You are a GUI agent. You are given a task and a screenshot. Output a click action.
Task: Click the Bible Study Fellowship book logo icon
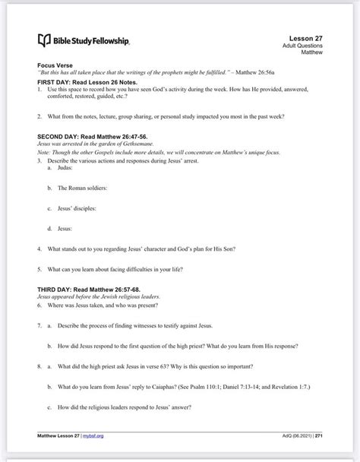click(x=43, y=40)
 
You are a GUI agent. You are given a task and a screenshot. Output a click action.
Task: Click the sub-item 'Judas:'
click(x=65, y=169)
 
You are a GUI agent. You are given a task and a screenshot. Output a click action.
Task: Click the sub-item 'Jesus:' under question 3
click(x=64, y=228)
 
